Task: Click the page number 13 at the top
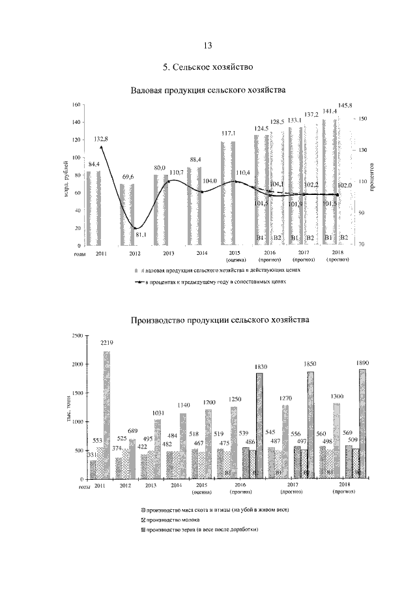click(x=208, y=45)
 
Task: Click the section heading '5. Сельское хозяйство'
click(x=208, y=67)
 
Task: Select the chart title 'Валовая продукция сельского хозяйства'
click(x=208, y=90)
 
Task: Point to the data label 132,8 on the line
click(x=101, y=139)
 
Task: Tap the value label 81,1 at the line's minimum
click(x=141, y=235)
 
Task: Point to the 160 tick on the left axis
click(x=75, y=105)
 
